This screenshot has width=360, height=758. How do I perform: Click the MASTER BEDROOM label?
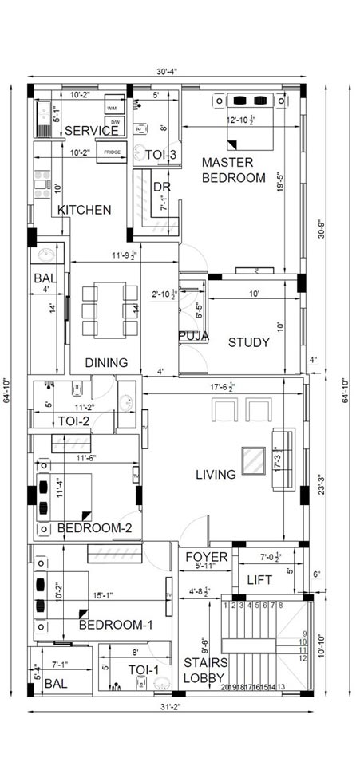click(x=232, y=170)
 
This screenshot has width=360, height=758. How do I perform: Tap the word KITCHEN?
click(x=84, y=210)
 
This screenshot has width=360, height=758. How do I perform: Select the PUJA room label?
click(x=194, y=336)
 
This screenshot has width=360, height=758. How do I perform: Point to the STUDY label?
click(x=249, y=342)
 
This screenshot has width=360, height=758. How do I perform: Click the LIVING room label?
click(x=216, y=475)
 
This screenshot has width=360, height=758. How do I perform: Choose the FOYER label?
click(x=207, y=556)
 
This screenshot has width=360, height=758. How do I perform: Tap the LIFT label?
click(x=260, y=580)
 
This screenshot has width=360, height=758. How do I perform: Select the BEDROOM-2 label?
click(x=100, y=527)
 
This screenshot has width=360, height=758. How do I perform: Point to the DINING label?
click(x=106, y=362)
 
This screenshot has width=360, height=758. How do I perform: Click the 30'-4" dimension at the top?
click(x=166, y=72)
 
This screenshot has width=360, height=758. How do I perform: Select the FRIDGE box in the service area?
click(x=111, y=152)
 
